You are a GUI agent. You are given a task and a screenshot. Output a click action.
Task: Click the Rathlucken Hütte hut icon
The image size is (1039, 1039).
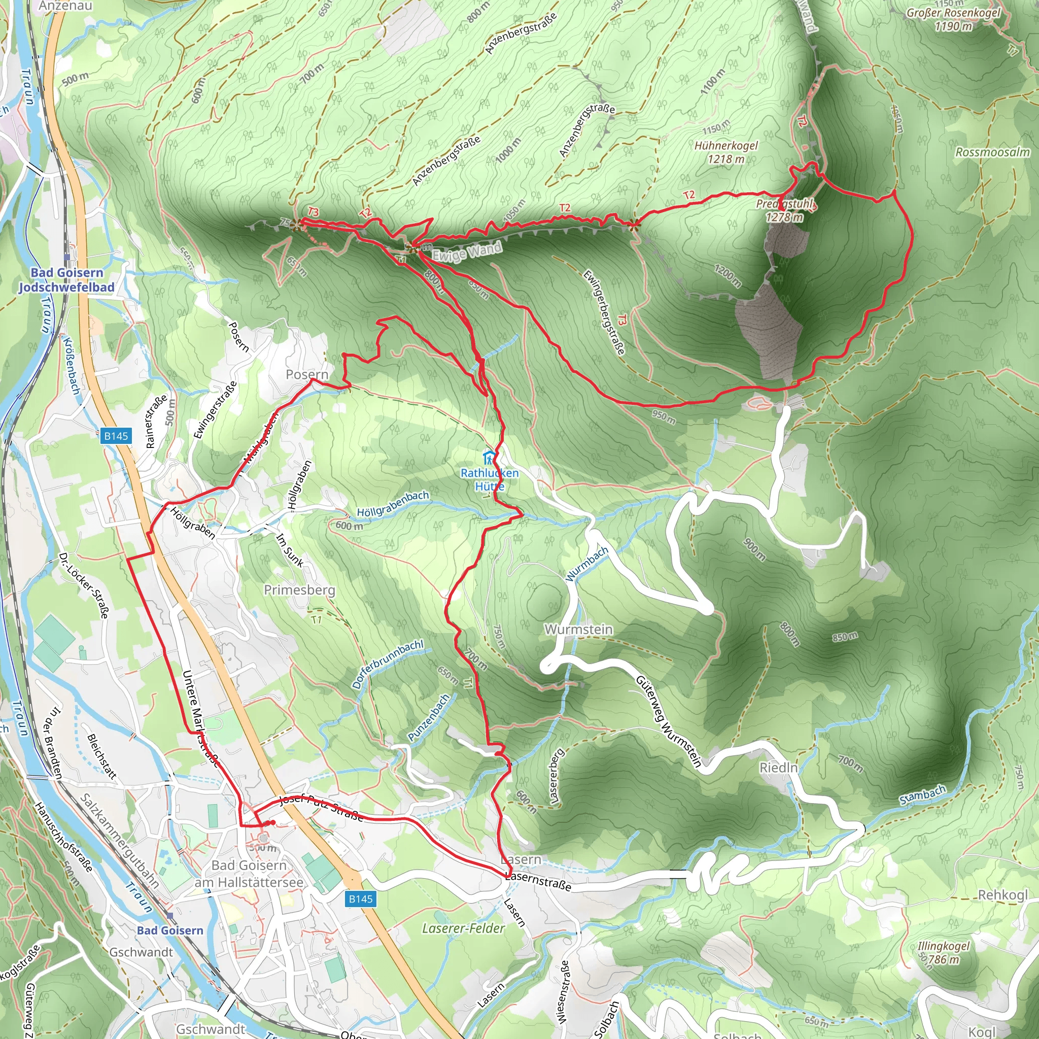(x=489, y=458)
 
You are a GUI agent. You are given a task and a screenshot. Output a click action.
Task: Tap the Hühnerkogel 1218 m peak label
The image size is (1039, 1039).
(x=726, y=152)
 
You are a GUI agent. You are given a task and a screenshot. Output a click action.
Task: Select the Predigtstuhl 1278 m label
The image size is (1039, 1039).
(x=785, y=210)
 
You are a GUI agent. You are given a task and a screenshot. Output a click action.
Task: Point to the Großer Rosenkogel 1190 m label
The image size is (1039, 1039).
(x=953, y=19)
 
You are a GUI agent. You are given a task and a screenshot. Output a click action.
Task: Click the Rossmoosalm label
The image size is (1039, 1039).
(x=992, y=152)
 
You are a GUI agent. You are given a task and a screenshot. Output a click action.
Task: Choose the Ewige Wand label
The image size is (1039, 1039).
(x=467, y=252)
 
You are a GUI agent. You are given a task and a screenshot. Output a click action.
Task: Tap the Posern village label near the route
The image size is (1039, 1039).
(x=306, y=374)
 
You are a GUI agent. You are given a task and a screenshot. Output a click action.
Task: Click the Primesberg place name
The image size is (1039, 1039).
(x=299, y=590)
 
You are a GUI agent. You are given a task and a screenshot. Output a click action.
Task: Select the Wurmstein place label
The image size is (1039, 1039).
(x=578, y=629)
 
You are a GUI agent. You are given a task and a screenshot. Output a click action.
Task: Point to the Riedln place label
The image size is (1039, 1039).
(x=778, y=768)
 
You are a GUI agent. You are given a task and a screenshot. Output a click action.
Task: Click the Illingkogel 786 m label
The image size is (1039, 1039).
(x=943, y=952)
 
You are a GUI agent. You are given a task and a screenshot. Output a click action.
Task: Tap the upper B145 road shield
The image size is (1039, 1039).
(x=116, y=436)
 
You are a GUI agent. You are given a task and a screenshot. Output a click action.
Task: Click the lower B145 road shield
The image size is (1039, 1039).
(x=360, y=898)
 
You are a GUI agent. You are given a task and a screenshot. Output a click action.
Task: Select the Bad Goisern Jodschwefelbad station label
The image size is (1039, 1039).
(x=66, y=280)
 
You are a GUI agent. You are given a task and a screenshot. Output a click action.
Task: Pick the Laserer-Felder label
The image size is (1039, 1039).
(x=463, y=928)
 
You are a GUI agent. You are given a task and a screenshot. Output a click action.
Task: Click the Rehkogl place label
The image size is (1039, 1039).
(x=1002, y=895)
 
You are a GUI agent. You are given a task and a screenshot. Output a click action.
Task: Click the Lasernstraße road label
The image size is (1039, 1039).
(x=538, y=881)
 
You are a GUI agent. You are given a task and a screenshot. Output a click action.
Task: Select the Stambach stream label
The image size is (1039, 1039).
(x=922, y=795)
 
